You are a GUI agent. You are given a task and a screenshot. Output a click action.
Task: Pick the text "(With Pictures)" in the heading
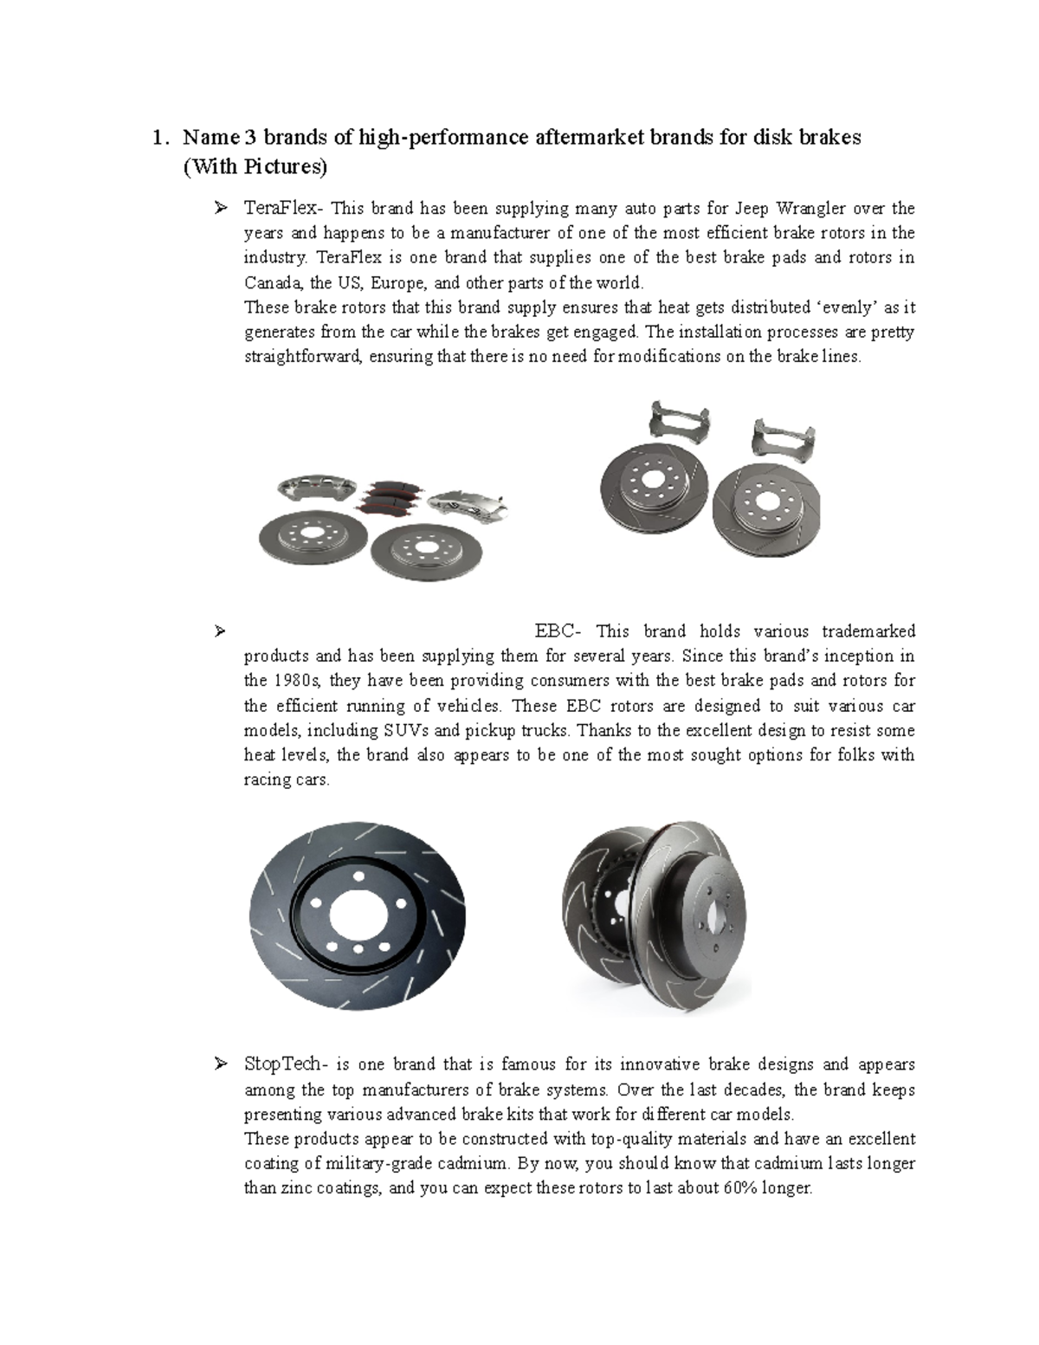point(255,167)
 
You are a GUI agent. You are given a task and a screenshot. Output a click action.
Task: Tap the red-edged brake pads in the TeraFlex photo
point(392,499)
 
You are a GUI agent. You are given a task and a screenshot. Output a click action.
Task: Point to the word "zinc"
point(294,1188)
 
